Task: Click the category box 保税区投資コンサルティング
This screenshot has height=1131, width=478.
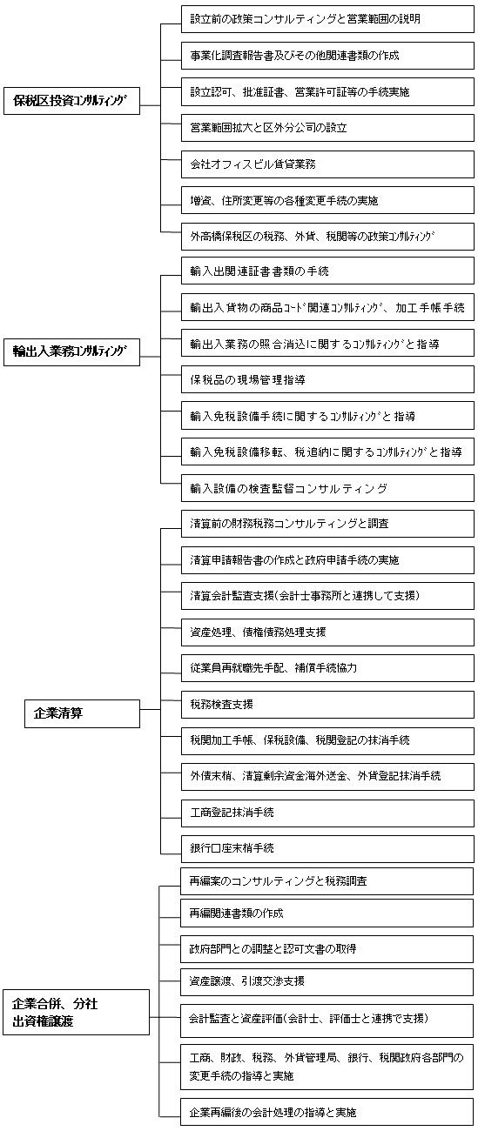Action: (71, 100)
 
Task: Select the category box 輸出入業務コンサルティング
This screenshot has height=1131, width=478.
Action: (71, 351)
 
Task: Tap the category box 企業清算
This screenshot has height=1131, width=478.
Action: (82, 713)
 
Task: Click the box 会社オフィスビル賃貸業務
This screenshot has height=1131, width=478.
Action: (327, 164)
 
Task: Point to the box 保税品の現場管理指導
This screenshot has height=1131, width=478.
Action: (327, 379)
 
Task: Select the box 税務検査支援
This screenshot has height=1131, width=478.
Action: (327, 705)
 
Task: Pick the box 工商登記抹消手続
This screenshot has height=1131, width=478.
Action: (327, 813)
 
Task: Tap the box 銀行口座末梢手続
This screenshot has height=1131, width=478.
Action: (327, 848)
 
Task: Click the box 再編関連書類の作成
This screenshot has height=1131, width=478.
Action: (327, 913)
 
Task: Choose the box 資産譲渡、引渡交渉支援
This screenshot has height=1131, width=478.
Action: (327, 981)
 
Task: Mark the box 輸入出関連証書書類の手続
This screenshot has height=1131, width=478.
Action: (327, 271)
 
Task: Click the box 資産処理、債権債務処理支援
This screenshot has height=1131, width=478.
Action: (327, 632)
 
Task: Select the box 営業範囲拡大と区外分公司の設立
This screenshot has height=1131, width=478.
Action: (327, 128)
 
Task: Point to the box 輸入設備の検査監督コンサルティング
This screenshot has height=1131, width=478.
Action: (327, 488)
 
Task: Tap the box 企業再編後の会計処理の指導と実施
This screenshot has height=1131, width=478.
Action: (327, 1113)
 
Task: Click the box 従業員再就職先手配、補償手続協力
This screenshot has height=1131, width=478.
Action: (327, 668)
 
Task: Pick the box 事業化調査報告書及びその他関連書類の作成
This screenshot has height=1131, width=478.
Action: (327, 56)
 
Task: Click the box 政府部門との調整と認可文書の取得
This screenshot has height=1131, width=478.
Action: (327, 948)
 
